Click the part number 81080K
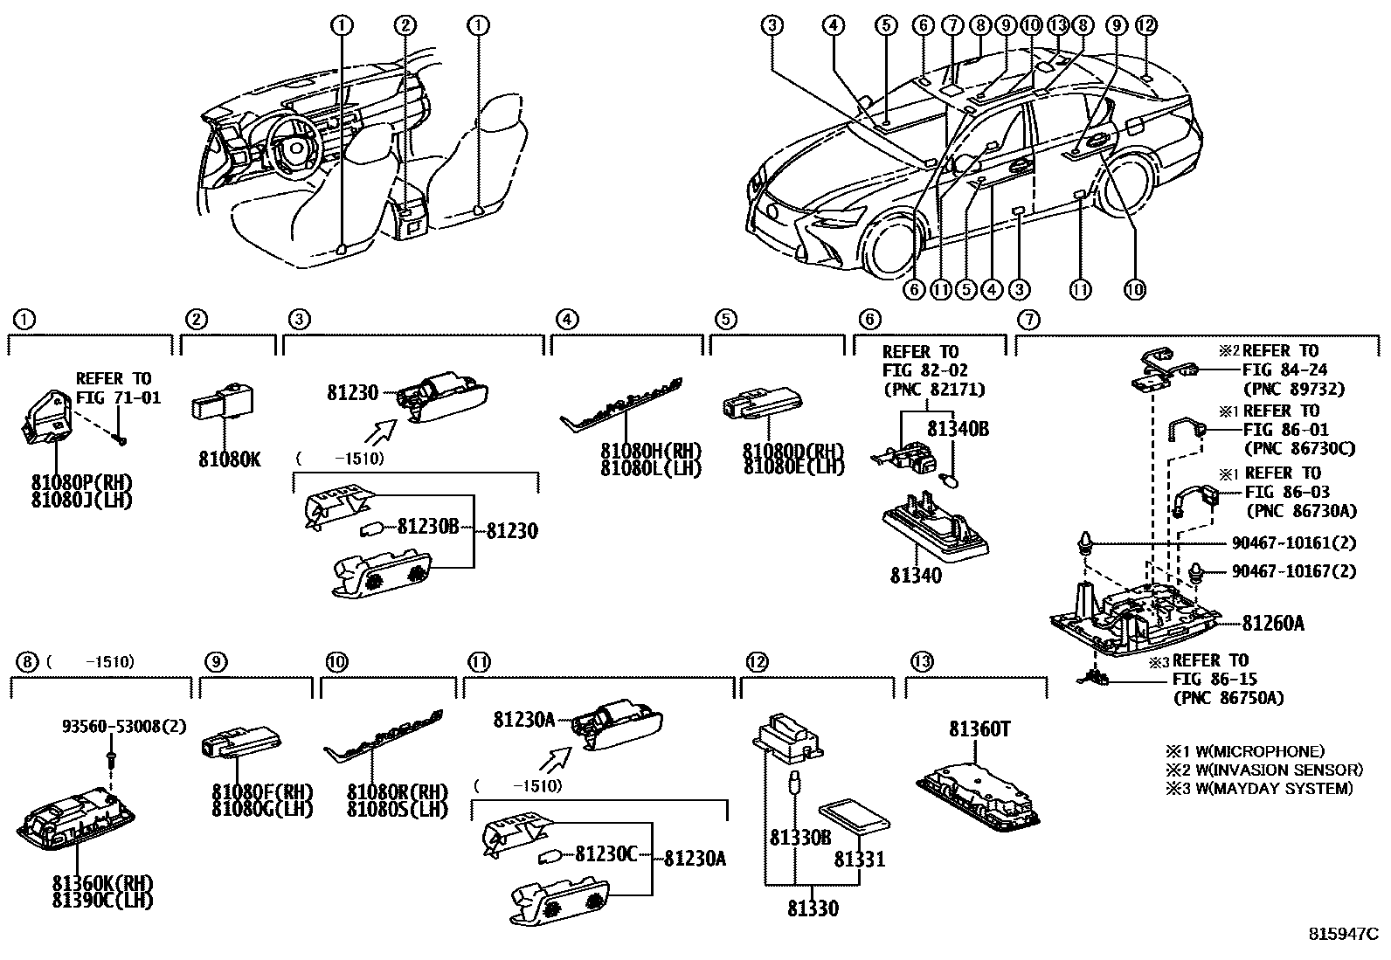click(x=229, y=459)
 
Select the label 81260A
click(x=1273, y=624)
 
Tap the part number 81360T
click(x=980, y=729)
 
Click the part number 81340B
click(x=958, y=429)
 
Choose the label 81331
click(x=858, y=860)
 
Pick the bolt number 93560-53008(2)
click(x=123, y=726)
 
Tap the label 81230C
click(x=606, y=853)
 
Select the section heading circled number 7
click(x=1028, y=320)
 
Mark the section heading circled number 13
click(x=920, y=661)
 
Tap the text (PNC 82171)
click(x=933, y=390)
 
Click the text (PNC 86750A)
click(x=1228, y=698)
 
